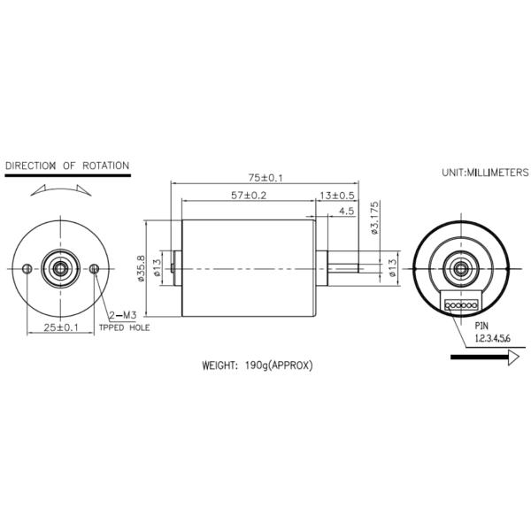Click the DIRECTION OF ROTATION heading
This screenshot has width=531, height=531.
pyautogui.click(x=67, y=165)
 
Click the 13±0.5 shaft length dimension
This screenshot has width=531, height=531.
pyautogui.click(x=337, y=196)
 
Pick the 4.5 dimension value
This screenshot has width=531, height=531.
pyautogui.click(x=345, y=212)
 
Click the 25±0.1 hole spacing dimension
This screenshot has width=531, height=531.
pyautogui.click(x=61, y=327)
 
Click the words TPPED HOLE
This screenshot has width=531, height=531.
pyautogui.click(x=124, y=328)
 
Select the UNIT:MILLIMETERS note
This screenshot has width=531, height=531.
pyautogui.click(x=485, y=173)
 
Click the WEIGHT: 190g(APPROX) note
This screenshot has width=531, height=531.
pyautogui.click(x=258, y=365)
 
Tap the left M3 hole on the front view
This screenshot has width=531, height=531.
pyautogui.click(x=27, y=268)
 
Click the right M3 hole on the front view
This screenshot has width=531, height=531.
pyautogui.click(x=96, y=268)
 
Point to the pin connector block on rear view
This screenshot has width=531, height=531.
pyautogui.click(x=460, y=305)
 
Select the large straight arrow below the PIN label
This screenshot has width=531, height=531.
pyautogui.click(x=483, y=358)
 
